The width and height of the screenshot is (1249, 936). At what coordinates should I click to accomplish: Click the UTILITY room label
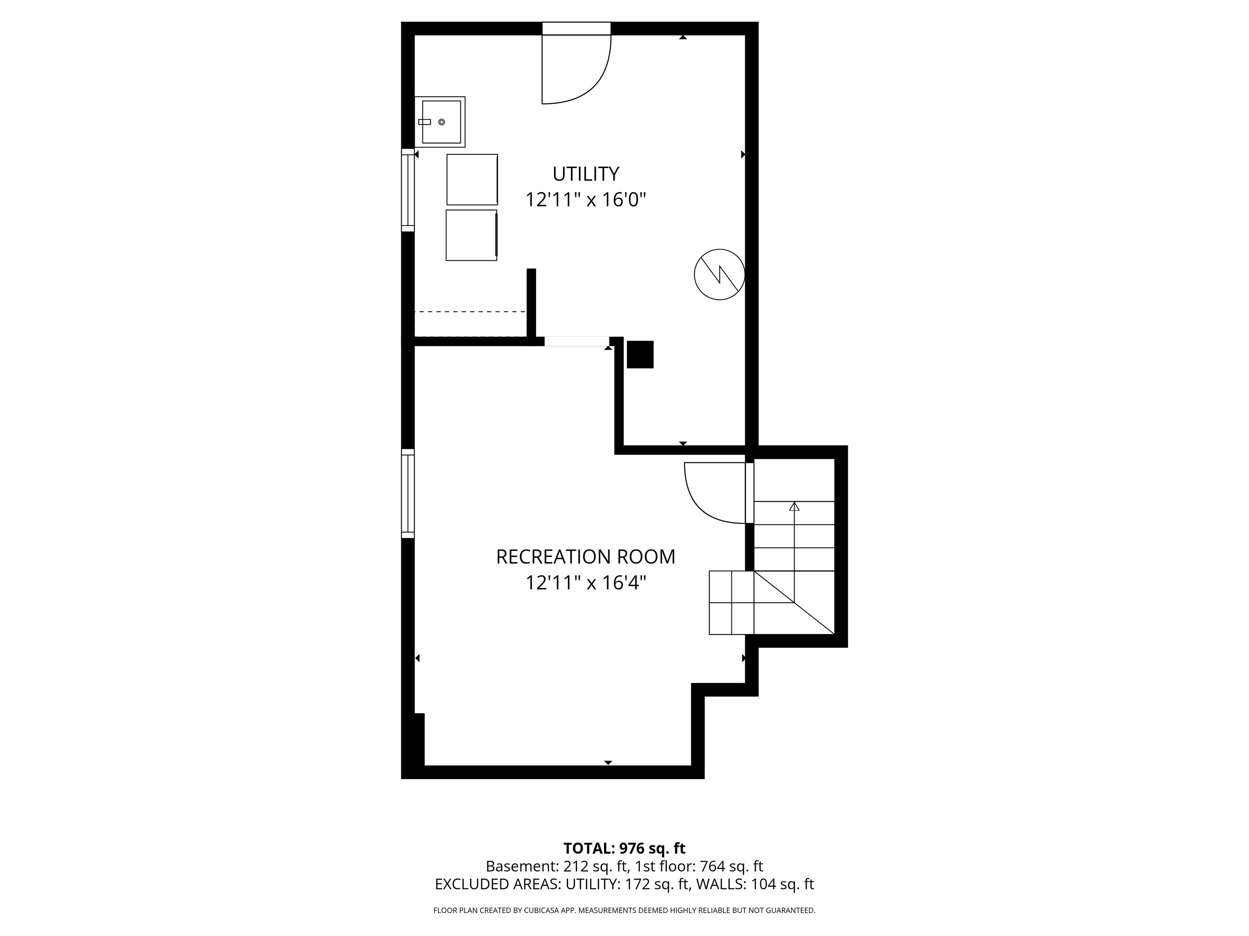click(585, 174)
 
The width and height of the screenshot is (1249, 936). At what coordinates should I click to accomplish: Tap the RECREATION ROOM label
click(585, 557)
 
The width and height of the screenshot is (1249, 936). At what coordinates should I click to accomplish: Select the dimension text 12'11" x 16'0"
click(585, 200)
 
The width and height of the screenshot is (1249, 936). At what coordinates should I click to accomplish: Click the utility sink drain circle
click(442, 122)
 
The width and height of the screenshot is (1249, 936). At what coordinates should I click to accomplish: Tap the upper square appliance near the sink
click(472, 180)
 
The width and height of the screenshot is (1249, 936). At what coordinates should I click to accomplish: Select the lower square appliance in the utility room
click(472, 235)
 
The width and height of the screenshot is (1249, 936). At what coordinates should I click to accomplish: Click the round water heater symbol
click(719, 274)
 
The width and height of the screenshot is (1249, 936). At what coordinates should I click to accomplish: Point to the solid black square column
click(640, 354)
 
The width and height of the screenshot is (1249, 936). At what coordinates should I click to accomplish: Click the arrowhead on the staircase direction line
click(794, 506)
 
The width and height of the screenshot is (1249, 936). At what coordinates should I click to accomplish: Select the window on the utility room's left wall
click(408, 190)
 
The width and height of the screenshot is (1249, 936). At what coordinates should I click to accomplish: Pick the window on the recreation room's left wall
click(408, 493)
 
